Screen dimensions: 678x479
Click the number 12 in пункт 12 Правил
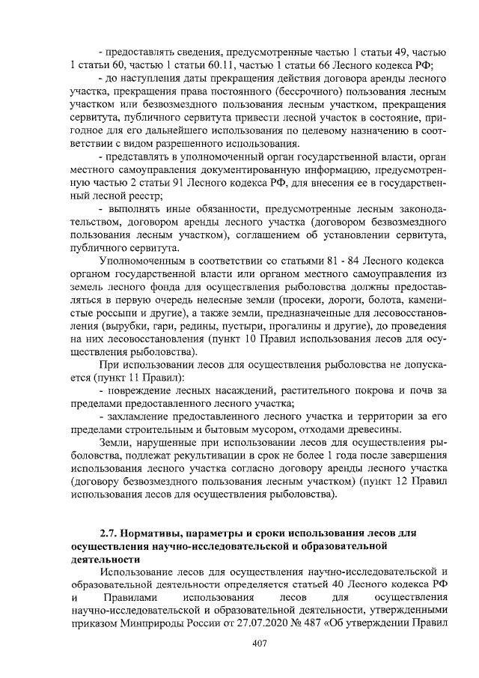click(408, 482)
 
